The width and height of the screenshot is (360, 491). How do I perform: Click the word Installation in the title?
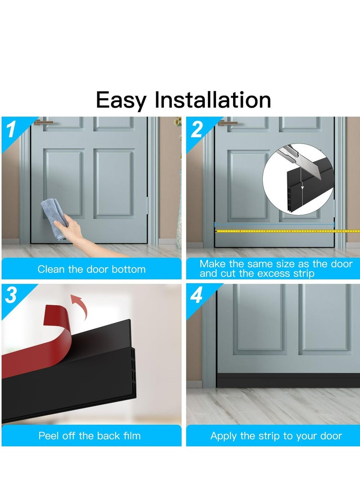click(213, 100)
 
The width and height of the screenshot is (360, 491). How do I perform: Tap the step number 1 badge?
click(12, 130)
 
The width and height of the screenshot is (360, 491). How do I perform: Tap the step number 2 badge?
click(197, 130)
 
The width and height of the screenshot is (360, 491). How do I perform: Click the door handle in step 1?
click(44, 122)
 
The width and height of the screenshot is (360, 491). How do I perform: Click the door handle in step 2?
click(227, 122)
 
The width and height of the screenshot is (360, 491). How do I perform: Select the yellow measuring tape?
click(279, 231)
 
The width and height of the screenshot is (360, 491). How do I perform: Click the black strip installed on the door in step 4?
click(288, 380)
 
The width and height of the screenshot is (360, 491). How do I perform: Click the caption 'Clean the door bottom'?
click(91, 269)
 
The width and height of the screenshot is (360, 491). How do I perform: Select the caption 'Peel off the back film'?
click(89, 436)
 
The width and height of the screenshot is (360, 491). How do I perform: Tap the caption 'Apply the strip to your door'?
click(276, 436)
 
